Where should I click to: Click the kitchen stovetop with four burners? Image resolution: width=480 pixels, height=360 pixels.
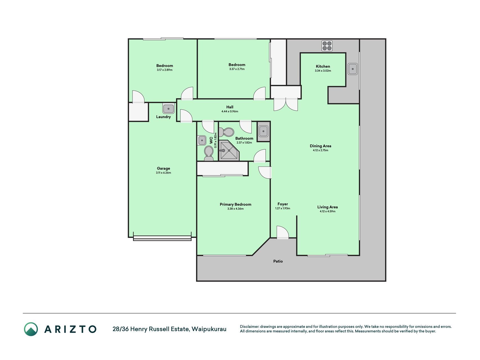(327, 46)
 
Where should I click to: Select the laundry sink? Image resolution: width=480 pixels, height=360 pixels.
(168, 109)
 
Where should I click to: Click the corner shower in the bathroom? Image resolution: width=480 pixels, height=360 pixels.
(229, 150)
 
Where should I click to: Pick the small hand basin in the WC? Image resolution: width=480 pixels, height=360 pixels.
(202, 140)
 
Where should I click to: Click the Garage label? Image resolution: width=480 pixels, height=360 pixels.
(163, 168)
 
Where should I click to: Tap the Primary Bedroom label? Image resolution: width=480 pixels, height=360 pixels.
(236, 204)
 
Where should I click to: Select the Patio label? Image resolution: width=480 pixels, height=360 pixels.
(278, 261)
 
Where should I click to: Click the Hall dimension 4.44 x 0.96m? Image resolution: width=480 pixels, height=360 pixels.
(230, 111)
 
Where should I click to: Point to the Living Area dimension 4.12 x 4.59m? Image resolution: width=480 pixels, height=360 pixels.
(328, 211)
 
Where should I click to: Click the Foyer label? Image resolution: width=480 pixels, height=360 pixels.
(283, 204)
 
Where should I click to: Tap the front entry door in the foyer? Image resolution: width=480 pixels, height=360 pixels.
(283, 233)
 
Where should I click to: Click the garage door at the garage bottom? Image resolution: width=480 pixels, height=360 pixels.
(162, 238)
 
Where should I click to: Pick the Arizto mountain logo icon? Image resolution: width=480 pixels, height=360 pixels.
(31, 329)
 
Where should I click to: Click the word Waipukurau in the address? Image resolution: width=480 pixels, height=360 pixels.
(209, 329)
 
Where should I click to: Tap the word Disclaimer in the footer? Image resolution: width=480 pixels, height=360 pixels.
(249, 327)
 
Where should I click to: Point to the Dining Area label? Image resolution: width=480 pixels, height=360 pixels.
(321, 146)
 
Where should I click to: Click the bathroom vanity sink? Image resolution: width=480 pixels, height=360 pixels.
(263, 131)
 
